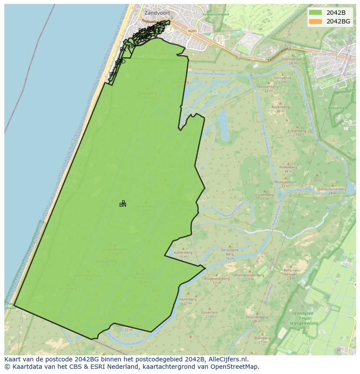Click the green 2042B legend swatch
pos(316,13)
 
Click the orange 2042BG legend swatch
pos(316,21)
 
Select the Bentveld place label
pos(322,54)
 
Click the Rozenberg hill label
pos(280,107)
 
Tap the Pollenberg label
pos(288,167)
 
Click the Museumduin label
pos(285,182)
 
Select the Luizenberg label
pos(264,195)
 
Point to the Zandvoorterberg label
pos(332,189)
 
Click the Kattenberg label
pos(183,252)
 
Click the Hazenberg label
pos(188,299)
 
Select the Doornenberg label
pos(256,317)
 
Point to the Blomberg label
pos(262,338)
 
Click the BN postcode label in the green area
pos(123,205)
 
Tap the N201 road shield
pos(193,31)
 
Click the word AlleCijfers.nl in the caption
pos(228,359)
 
